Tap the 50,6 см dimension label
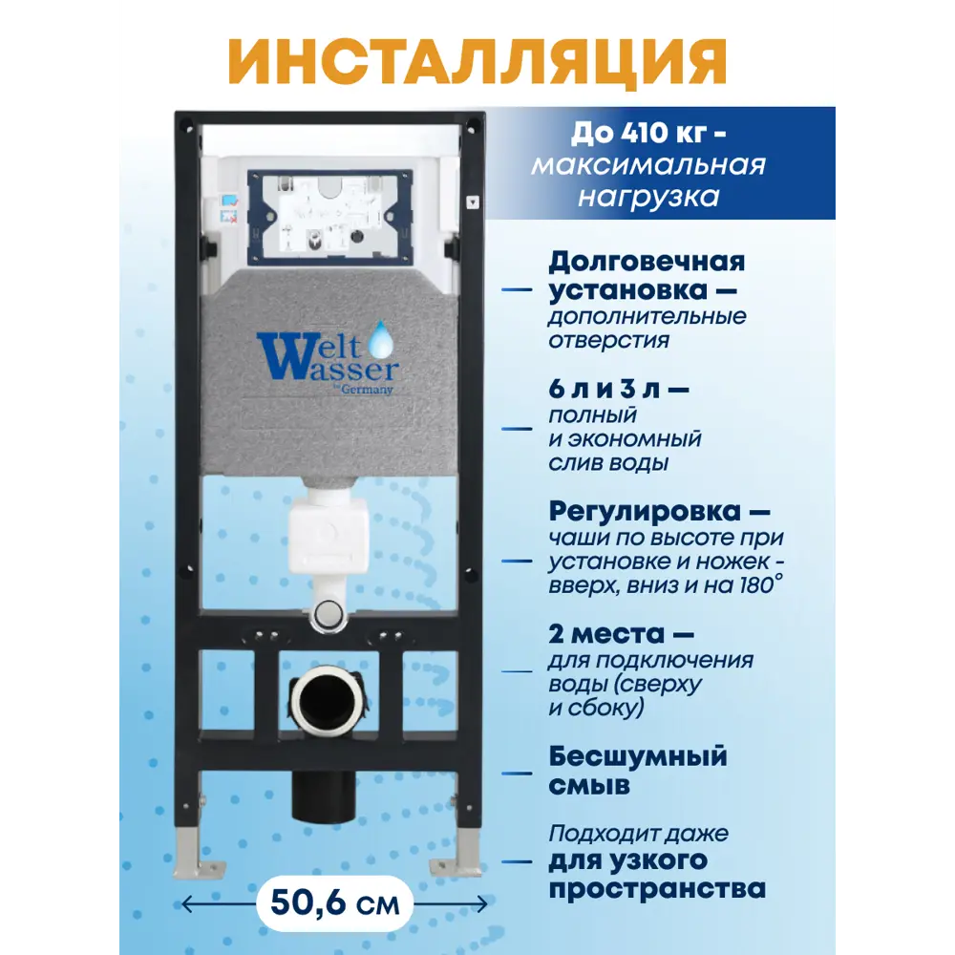[334, 902]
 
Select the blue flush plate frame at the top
[329, 218]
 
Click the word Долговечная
[647, 261]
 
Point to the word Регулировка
[649, 513]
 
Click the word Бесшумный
[638, 756]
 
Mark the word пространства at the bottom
[657, 888]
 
